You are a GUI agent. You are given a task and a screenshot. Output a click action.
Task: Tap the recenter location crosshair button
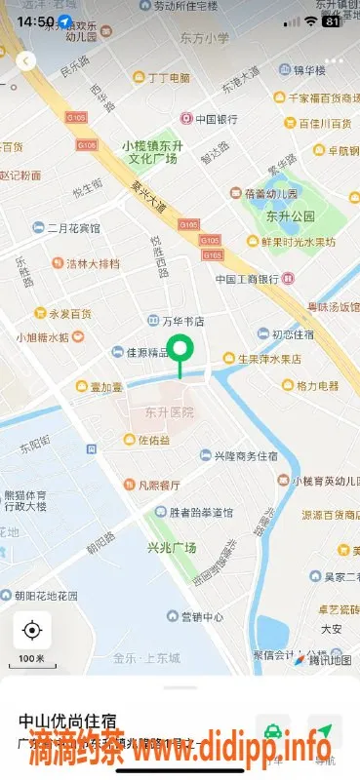tap(31, 630)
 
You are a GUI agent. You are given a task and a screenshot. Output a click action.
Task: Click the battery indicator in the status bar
tap(332, 20)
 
